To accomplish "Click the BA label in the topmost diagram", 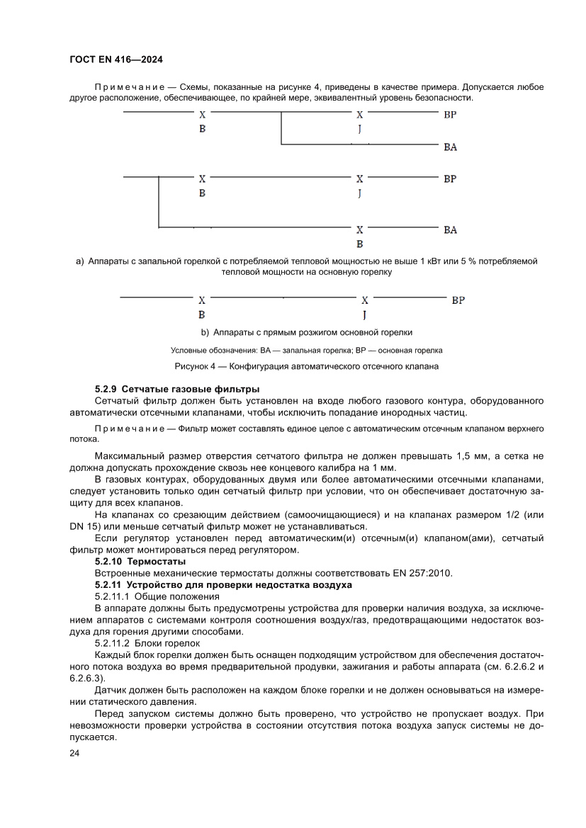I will tap(450, 147).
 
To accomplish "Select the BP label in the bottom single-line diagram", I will tap(458, 300).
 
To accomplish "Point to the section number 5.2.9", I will tap(107, 390).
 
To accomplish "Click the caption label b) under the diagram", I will tap(205, 332).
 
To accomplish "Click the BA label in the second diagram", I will tap(450, 230).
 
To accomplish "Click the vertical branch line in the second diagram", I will tap(158, 202).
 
